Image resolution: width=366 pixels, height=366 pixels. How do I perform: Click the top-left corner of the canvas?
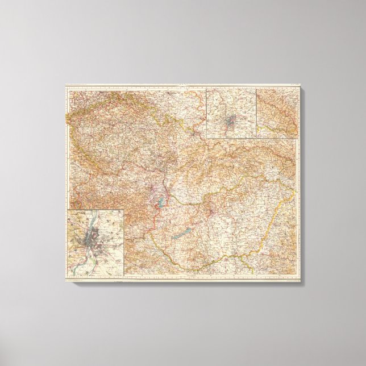pos(64,85)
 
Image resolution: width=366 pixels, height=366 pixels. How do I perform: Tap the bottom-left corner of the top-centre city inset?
pos(206,139)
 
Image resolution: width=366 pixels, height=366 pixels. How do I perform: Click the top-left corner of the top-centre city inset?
pos(206,88)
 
